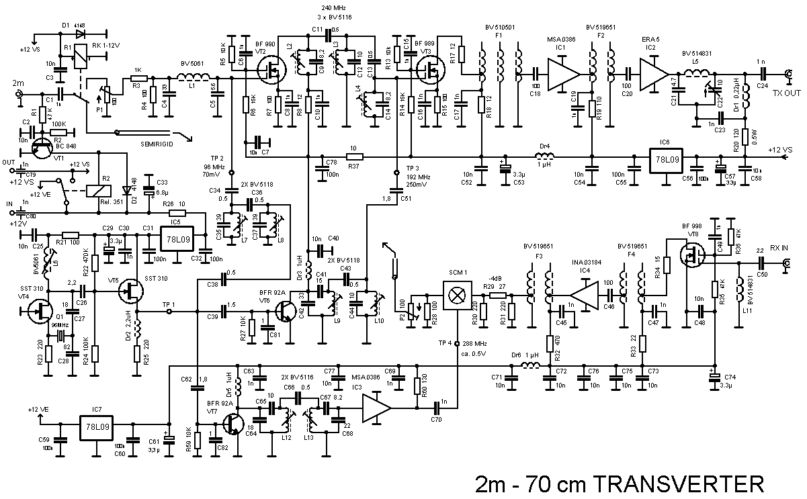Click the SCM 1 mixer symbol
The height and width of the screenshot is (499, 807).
(x=456, y=296)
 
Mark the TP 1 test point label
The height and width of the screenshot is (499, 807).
(x=169, y=304)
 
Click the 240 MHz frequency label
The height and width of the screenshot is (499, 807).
(x=329, y=7)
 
